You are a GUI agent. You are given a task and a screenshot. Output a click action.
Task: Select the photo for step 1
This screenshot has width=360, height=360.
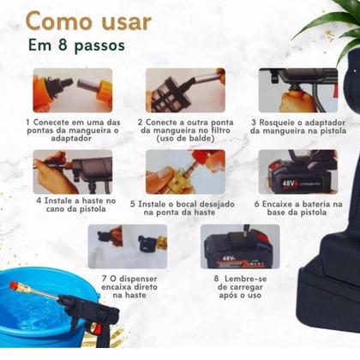(72, 90)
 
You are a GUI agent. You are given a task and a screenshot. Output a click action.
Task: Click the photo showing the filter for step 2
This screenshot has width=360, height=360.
(184, 90)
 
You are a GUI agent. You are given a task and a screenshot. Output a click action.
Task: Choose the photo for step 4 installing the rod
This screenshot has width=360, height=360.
(72, 171)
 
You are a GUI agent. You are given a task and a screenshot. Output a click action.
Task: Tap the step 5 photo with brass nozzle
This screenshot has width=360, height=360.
(184, 171)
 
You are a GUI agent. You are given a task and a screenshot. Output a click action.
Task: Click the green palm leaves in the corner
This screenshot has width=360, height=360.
(330, 21)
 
